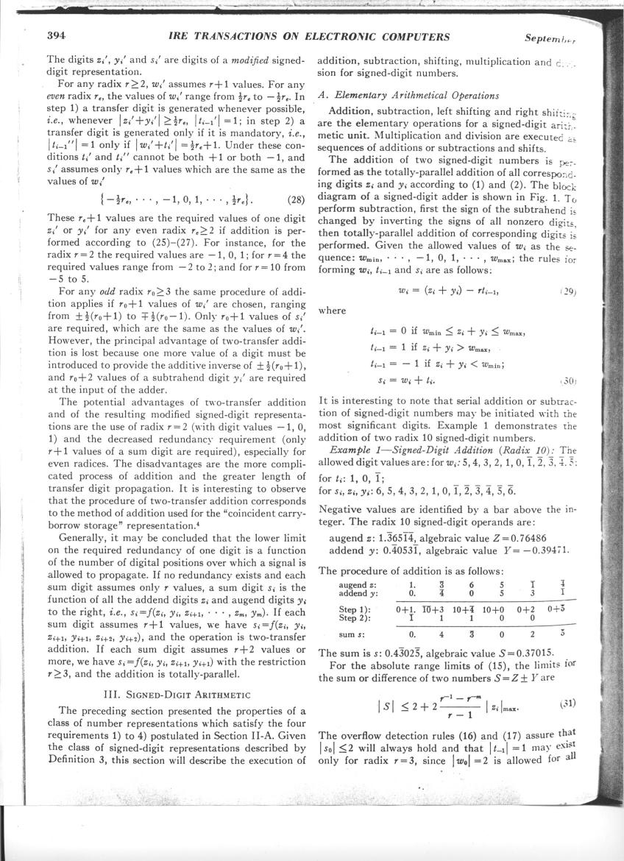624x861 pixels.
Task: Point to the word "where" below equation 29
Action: [x=331, y=311]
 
